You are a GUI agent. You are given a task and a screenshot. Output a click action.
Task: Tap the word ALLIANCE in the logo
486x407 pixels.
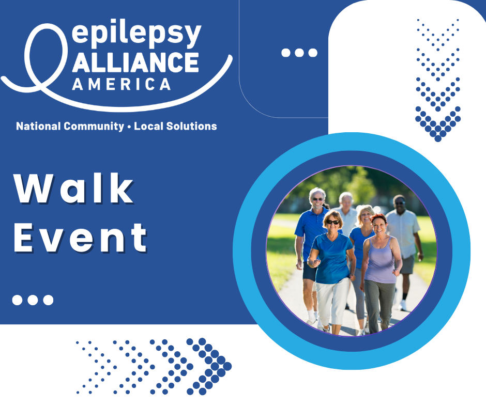point(135,62)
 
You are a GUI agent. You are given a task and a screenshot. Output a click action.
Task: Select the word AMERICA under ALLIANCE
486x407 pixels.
point(121,84)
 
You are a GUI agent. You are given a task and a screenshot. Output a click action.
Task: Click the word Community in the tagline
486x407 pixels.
point(94,127)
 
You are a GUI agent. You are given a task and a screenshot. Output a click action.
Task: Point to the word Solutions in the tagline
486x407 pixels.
point(191,126)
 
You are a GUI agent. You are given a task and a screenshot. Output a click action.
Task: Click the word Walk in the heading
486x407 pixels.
point(74,189)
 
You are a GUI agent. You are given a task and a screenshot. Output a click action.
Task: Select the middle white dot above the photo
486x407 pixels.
point(299,53)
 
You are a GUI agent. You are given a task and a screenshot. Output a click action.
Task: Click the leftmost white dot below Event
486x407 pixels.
point(18,300)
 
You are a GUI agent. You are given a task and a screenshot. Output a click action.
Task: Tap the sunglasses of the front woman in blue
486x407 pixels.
point(333,222)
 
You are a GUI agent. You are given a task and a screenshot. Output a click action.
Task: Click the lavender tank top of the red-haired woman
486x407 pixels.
point(381,260)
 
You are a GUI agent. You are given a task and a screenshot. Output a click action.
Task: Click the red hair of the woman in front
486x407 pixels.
point(378,218)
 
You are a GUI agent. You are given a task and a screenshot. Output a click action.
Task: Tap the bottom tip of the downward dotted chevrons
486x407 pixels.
point(438,139)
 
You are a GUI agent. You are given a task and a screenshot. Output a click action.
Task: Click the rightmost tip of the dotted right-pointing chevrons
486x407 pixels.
point(227,366)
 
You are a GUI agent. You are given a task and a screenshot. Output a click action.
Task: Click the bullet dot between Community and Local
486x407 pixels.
point(129,127)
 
